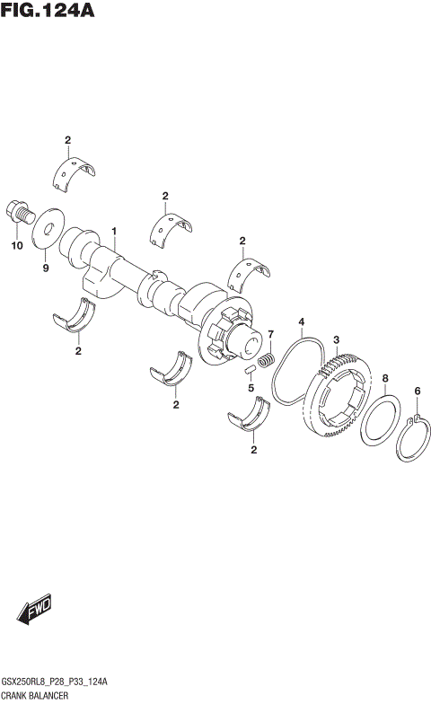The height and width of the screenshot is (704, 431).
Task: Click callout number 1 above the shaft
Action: [115, 232]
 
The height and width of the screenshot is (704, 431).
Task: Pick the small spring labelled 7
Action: [265, 361]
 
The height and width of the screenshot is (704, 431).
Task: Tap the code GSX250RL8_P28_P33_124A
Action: [56, 682]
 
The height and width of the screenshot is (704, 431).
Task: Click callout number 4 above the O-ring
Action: [302, 322]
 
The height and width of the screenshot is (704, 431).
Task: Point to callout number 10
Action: [15, 245]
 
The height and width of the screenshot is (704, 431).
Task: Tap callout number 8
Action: [385, 378]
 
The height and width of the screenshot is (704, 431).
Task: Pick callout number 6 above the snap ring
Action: [417, 391]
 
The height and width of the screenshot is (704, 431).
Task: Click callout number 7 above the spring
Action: [268, 335]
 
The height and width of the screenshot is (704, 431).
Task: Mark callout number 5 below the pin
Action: [251, 389]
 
